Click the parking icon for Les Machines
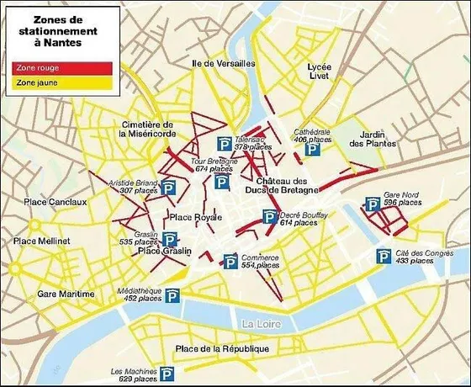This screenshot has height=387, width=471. (x=168, y=374)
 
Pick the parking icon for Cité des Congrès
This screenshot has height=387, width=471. (x=381, y=257)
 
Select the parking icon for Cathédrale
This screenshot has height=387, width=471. (x=312, y=150)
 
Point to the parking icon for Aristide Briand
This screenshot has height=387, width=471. (x=168, y=188)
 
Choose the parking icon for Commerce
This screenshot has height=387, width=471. (x=230, y=261)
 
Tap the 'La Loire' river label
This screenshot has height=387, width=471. (x=257, y=323)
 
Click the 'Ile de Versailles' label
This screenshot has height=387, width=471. (x=223, y=64)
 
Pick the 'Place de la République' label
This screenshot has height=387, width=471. (x=223, y=349)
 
